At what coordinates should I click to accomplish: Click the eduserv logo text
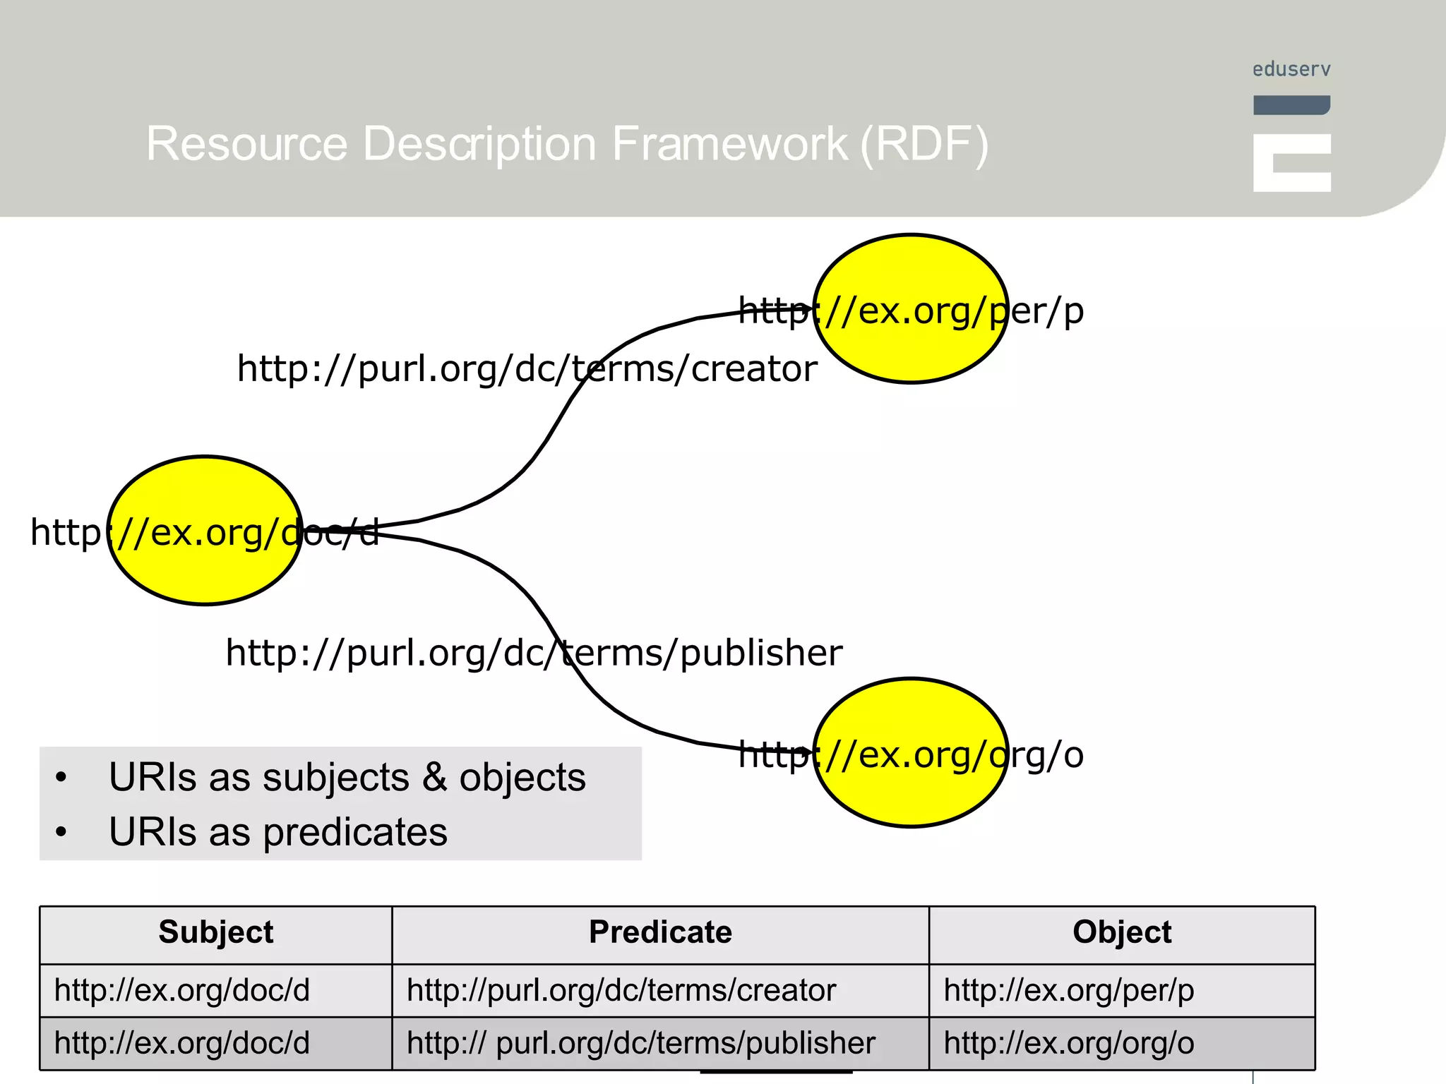click(1291, 69)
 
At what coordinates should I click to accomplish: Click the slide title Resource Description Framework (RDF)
click(567, 144)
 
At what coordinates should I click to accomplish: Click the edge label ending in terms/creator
click(527, 368)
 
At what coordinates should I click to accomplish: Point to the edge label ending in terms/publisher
click(534, 652)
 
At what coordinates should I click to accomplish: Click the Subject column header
click(215, 932)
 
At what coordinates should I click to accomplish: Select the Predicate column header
click(660, 932)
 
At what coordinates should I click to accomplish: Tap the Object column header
click(1121, 932)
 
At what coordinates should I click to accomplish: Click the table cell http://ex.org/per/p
click(1068, 990)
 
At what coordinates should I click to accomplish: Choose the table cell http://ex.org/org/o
click(1068, 1043)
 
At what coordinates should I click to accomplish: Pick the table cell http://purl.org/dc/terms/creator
click(621, 990)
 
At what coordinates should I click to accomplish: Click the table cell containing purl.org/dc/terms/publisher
click(640, 1043)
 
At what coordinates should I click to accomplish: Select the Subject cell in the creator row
click(182, 990)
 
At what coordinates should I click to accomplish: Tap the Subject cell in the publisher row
click(182, 1043)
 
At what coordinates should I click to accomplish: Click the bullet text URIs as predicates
click(278, 832)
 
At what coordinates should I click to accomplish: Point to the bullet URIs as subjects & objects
click(347, 778)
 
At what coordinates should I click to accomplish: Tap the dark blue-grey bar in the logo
click(1291, 105)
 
